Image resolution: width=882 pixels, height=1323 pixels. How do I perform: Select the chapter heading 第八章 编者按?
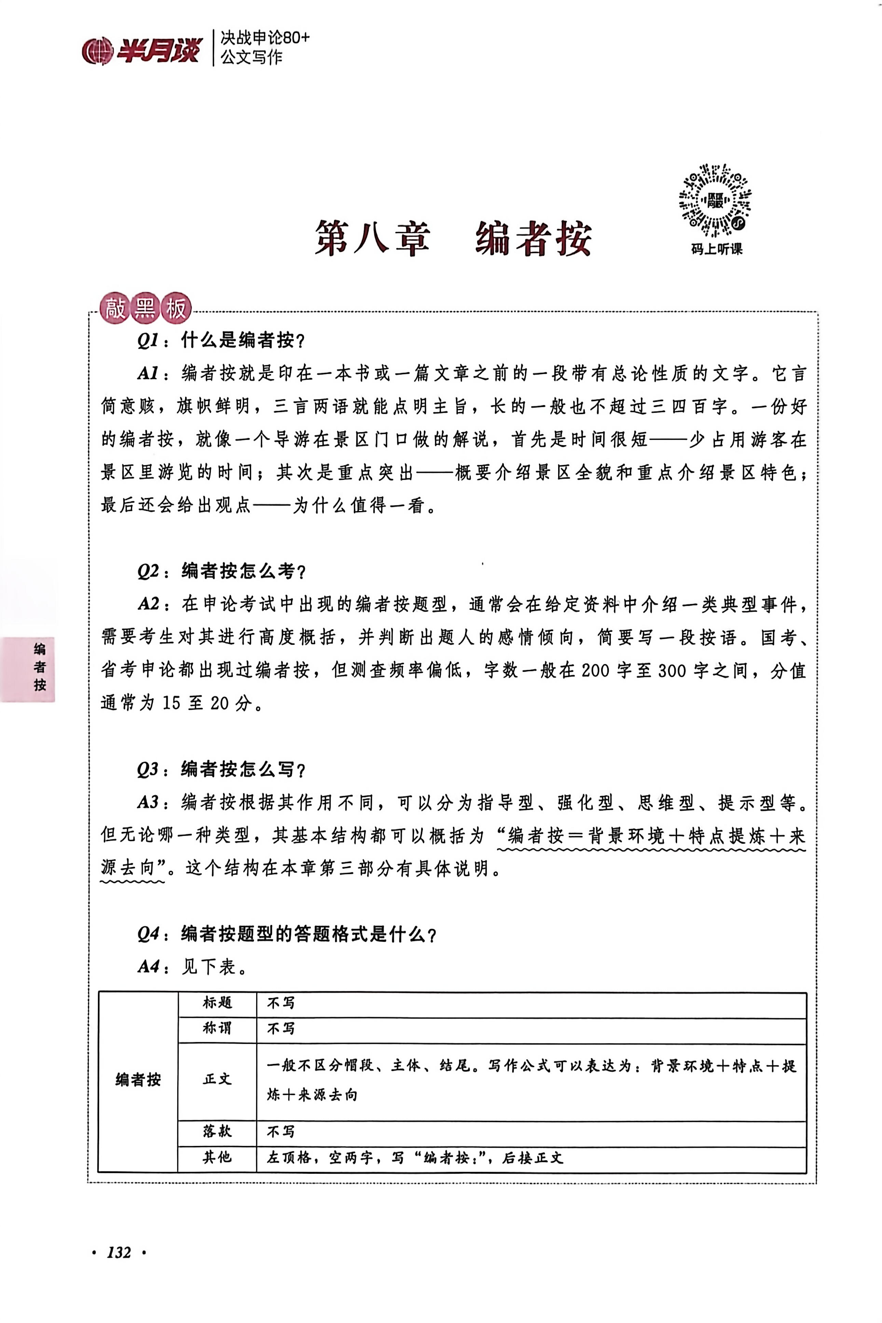(x=453, y=238)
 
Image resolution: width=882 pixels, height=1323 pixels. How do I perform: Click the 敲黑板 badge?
(x=145, y=309)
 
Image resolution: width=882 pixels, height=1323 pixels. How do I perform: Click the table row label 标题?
(x=217, y=1003)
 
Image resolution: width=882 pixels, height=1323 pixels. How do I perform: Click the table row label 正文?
(x=217, y=1079)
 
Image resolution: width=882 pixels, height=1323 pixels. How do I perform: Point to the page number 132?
(x=119, y=1252)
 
